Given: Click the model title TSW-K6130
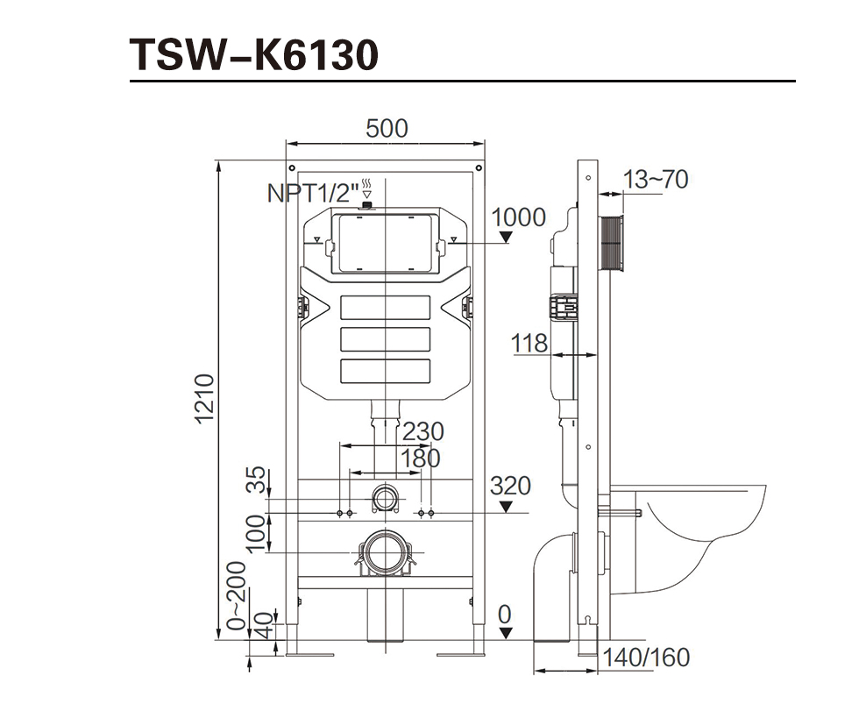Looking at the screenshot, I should pos(254,54).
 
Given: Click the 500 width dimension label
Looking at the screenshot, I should pos(387,128).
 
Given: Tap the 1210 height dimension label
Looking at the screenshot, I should pos(204,399).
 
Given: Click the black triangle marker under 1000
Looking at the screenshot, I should pos(506,237).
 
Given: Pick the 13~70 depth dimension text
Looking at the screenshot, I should pos(656,180).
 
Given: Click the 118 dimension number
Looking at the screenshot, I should pos(530,343).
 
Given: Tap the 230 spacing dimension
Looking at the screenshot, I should pos(422,431).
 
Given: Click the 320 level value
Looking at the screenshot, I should pos(510,485).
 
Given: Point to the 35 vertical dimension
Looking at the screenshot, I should pos(255,480).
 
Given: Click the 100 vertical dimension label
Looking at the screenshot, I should pos(255,533).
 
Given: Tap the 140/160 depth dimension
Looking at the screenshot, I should pos(647,657).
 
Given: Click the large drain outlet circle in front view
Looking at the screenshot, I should pos(383,552).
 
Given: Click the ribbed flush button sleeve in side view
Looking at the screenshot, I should pos(611,244).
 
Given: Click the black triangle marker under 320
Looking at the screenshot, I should pos(506,506).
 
